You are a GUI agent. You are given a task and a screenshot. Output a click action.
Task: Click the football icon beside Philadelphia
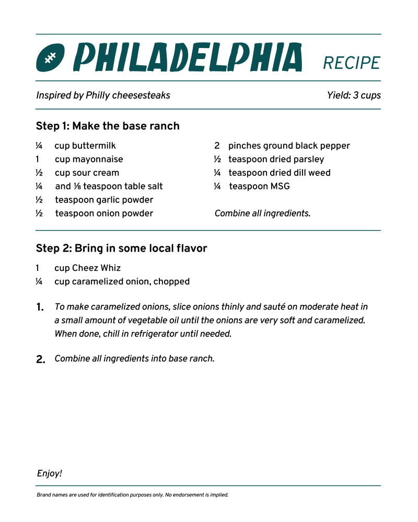pos(50,57)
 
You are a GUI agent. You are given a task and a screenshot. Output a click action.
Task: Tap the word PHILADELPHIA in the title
pos(188,57)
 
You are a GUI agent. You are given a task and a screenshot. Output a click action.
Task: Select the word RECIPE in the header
pos(352,63)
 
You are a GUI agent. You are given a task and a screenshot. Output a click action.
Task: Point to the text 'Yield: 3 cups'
pos(354,96)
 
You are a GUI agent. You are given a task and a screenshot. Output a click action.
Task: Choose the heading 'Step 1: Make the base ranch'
pos(108,126)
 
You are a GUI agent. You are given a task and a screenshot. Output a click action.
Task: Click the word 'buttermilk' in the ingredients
pos(94,146)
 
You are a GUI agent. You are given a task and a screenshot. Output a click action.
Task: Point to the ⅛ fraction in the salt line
pos(77,186)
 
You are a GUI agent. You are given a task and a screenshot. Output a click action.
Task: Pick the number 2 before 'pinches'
pos(217,146)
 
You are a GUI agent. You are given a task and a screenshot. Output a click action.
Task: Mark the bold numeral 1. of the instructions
pos(40,307)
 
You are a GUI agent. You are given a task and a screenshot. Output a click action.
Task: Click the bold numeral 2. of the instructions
pos(41,359)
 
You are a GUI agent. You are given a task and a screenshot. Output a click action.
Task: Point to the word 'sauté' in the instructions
pos(265,307)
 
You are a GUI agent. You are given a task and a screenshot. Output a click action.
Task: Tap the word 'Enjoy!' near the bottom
pos(50,473)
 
